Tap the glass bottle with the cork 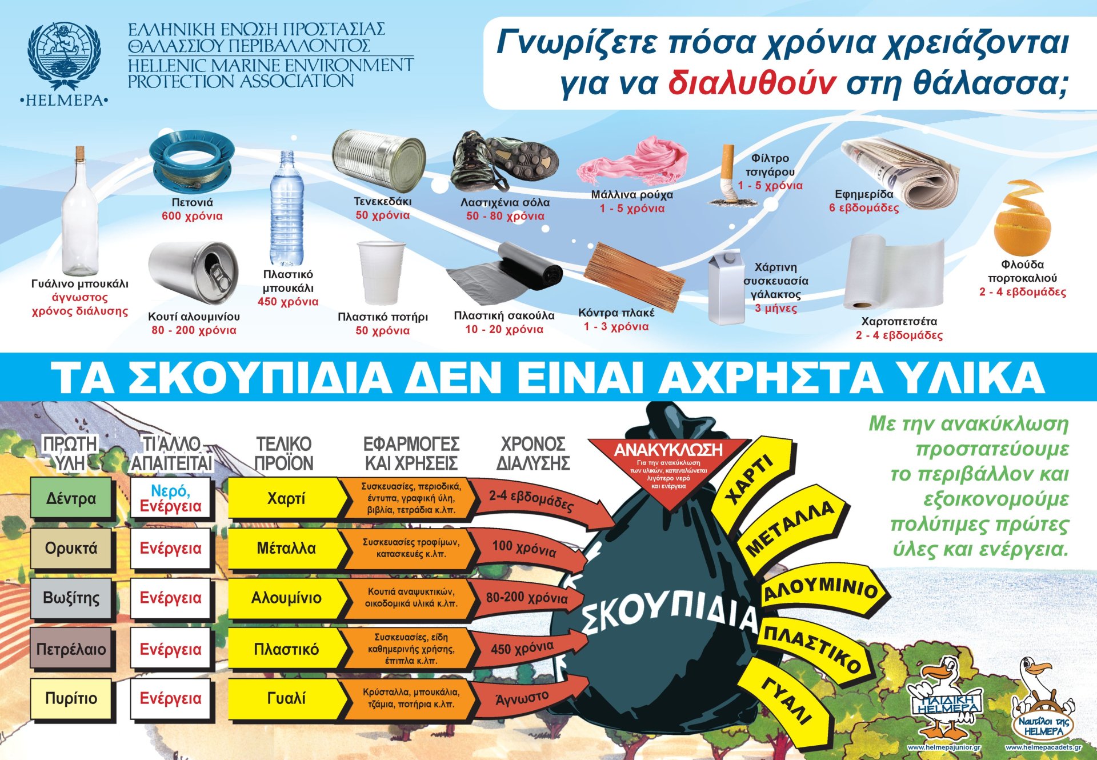79,217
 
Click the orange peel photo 1022,219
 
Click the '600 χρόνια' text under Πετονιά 192,216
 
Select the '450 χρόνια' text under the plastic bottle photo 288,302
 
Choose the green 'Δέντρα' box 71,499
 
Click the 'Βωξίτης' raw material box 71,598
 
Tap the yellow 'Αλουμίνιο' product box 286,598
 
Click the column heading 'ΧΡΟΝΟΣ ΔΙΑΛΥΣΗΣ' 533,454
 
